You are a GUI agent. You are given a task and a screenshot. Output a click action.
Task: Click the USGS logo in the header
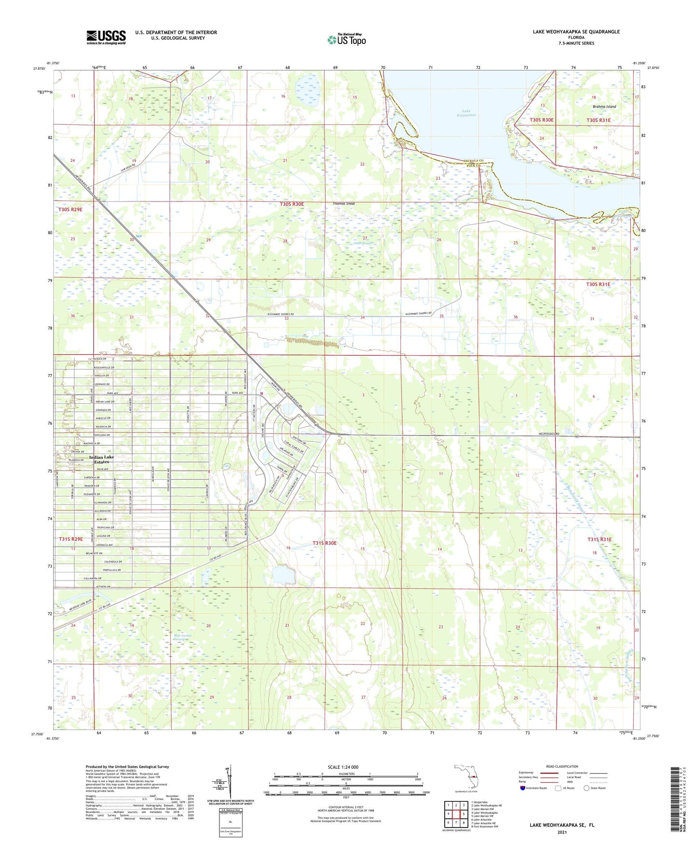tap(106, 37)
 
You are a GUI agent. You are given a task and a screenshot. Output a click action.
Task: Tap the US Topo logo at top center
tap(346, 40)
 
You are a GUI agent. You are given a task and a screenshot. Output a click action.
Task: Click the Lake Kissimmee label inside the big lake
tap(466, 113)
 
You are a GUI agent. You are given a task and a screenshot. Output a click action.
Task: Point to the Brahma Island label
tap(604, 107)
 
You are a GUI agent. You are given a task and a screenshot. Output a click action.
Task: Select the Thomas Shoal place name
tap(343, 204)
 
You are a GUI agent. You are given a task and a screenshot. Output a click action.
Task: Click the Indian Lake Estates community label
tap(101, 459)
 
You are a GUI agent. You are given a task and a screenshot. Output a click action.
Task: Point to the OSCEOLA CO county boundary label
tap(473, 160)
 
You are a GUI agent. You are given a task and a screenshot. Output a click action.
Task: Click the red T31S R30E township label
tap(324, 543)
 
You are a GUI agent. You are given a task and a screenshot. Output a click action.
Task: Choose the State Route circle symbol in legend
tap(587, 788)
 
